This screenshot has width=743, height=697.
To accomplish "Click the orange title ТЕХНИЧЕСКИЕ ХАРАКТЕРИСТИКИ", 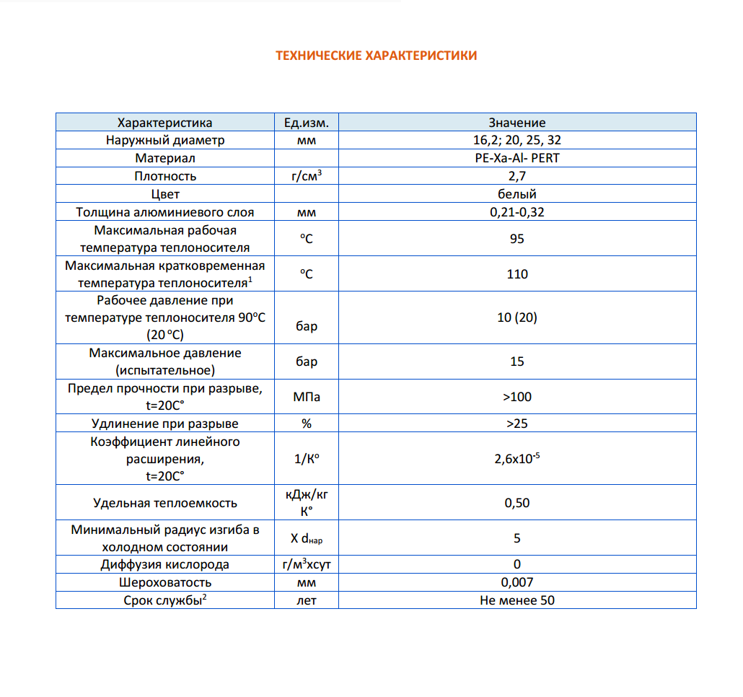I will (x=376, y=56).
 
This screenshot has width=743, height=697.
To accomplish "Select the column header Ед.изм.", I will (x=307, y=123).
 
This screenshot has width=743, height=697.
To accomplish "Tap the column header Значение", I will (x=516, y=123).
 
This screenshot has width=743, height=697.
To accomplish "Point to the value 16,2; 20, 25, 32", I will (x=516, y=140).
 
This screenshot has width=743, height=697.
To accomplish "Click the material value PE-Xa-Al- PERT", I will (x=516, y=158).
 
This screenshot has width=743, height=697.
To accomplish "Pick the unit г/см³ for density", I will (x=307, y=176).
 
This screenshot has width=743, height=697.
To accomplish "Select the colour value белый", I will (x=516, y=194).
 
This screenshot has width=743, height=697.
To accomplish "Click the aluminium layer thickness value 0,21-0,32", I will (x=516, y=212).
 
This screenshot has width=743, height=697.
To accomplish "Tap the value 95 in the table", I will (x=516, y=239).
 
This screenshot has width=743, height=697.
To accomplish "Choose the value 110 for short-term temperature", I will (x=516, y=274).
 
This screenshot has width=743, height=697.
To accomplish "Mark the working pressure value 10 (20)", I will (x=516, y=317).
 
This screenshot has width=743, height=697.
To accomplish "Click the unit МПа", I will (x=307, y=397).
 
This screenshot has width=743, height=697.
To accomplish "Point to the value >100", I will (x=516, y=397).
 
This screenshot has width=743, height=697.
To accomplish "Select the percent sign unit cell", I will (x=307, y=424).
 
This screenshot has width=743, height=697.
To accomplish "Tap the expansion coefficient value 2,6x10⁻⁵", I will (x=516, y=459).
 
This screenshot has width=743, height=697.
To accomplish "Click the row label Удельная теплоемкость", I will (x=165, y=503).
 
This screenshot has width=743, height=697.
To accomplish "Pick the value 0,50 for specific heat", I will (x=516, y=503).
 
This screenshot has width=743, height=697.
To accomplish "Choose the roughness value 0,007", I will (x=516, y=582).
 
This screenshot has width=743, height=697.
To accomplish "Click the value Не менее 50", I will (x=516, y=600).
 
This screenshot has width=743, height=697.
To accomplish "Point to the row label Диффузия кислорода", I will (x=165, y=564).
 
